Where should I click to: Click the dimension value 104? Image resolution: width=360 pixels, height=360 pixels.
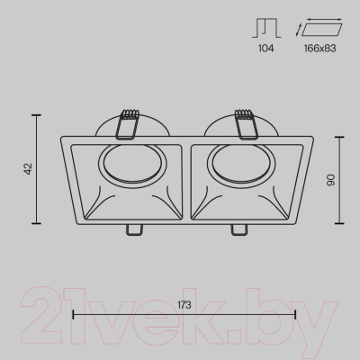[266, 49]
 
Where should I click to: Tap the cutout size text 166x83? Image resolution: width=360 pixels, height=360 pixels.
[319, 49]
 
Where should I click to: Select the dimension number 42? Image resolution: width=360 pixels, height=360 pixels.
[28, 169]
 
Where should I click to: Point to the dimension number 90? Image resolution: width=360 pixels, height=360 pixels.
[330, 180]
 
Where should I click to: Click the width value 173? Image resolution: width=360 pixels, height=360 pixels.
[184, 305]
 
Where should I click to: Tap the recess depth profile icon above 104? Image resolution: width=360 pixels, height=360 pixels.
[266, 28]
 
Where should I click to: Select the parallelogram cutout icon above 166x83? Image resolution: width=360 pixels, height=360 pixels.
[319, 27]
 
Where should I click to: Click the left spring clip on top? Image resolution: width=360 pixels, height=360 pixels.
[128, 124]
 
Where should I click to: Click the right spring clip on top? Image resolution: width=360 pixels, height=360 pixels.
[247, 124]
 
